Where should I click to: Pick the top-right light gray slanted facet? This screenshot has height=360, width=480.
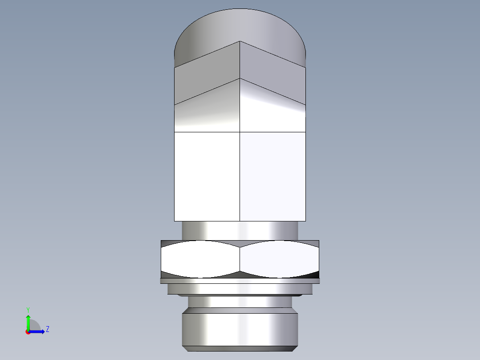(x=273, y=74)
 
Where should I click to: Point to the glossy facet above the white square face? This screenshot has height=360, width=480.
(x=207, y=111)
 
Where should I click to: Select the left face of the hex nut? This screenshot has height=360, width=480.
(x=200, y=259)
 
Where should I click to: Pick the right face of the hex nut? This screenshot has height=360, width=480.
(x=280, y=259)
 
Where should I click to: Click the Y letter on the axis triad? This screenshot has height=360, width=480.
(x=28, y=309)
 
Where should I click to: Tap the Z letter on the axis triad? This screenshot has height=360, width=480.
(x=47, y=329)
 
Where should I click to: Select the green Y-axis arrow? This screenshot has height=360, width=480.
(x=28, y=321)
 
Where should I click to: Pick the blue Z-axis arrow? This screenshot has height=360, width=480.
(x=38, y=331)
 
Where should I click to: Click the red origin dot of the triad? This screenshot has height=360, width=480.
(x=28, y=332)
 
